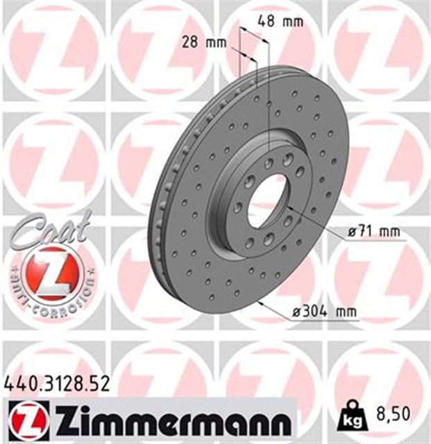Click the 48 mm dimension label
tap(280, 22)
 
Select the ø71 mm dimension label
tap(374, 232)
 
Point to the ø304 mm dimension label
tap(324, 312)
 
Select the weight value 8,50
tap(392, 414)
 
